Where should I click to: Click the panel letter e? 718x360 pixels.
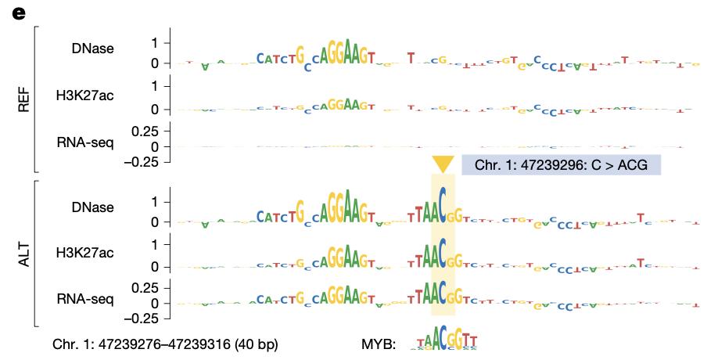(19, 13)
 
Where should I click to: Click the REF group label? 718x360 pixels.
(23, 99)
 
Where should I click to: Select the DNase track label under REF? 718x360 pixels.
(92, 49)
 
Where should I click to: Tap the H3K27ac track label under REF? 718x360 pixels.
(84, 95)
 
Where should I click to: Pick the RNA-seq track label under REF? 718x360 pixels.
(85, 142)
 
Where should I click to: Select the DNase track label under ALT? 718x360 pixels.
(92, 207)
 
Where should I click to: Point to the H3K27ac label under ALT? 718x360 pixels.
(84, 252)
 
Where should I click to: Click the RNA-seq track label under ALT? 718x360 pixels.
(85, 297)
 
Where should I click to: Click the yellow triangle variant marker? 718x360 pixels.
(443, 164)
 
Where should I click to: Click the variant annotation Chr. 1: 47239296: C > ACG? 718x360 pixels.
(561, 165)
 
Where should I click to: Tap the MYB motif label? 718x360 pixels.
(379, 344)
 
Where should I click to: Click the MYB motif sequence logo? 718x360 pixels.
(443, 340)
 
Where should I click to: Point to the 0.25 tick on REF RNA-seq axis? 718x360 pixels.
(145, 130)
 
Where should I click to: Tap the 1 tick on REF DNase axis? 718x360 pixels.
(155, 42)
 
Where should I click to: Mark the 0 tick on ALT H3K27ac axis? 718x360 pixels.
(155, 266)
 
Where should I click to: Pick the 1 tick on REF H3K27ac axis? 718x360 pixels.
(155, 85)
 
